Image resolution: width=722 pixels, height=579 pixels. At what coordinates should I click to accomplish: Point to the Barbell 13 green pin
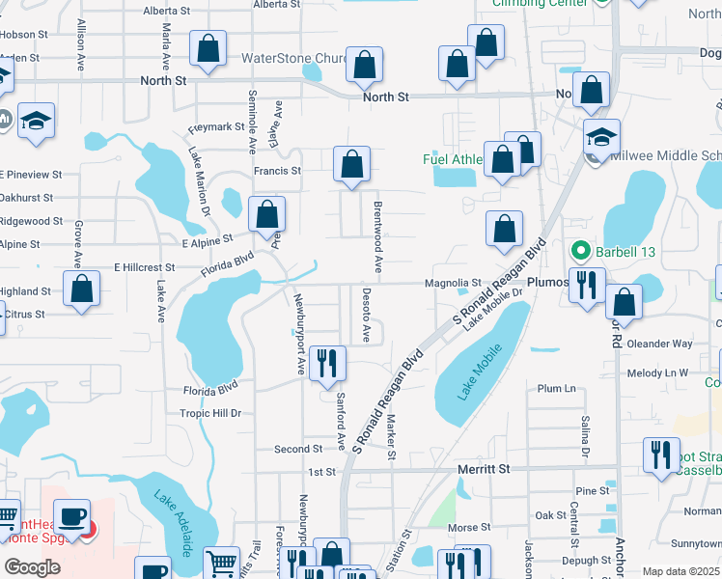click(x=580, y=252)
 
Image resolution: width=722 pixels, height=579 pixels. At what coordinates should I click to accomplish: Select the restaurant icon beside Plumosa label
click(x=586, y=284)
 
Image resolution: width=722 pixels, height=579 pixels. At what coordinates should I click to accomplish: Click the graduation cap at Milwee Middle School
click(x=600, y=136)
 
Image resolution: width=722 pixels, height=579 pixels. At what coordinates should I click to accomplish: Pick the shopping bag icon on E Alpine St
click(x=266, y=213)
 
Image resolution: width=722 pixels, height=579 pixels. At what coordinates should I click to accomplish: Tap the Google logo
click(x=32, y=567)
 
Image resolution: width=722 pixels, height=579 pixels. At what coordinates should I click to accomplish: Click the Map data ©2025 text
click(x=681, y=571)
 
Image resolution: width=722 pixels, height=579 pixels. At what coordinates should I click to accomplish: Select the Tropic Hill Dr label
click(x=209, y=413)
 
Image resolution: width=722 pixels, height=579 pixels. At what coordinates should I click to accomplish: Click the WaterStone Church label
click(x=293, y=59)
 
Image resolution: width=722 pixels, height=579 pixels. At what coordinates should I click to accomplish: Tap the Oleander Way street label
click(x=659, y=344)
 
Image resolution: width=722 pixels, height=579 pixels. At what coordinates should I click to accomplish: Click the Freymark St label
click(x=216, y=127)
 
